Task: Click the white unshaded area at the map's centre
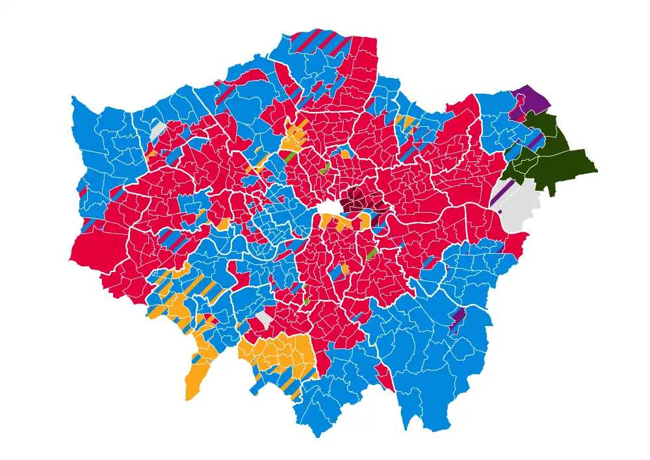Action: click(330, 208)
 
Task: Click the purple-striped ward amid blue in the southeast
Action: click(458, 317)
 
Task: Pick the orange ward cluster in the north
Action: click(296, 137)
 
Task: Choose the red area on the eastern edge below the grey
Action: click(517, 244)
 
